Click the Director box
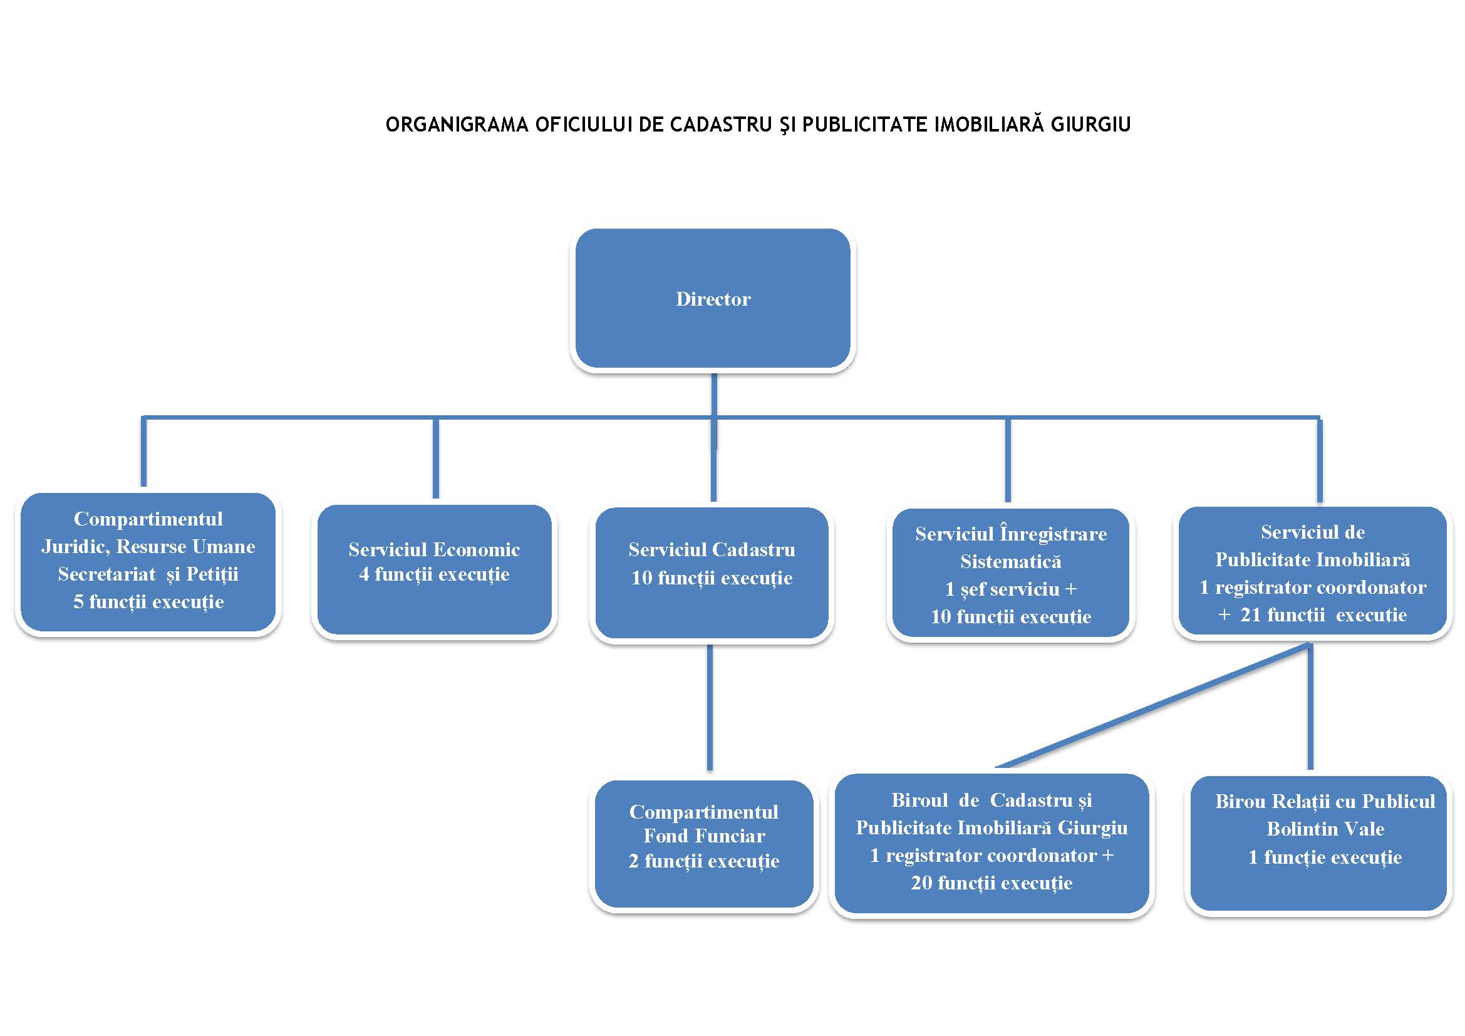[x=713, y=299]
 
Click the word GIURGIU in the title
[x=1090, y=125]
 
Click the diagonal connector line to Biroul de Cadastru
[x=1149, y=706]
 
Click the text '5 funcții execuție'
[x=148, y=601]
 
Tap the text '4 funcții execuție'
[x=434, y=574]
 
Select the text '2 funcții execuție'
[x=704, y=861]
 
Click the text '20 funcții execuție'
[x=991, y=883]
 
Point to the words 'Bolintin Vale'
[x=1325, y=829]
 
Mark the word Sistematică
[x=1011, y=561]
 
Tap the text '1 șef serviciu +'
[x=1011, y=589]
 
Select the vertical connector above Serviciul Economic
[x=436, y=457]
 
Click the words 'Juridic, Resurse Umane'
[x=148, y=547]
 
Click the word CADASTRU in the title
[x=720, y=125]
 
